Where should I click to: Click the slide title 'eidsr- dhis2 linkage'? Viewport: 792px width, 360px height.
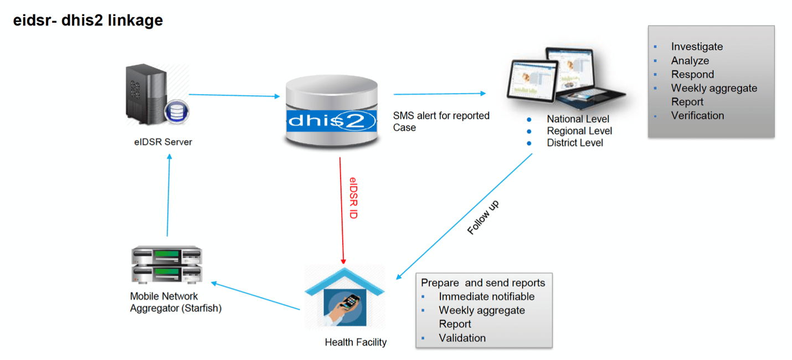coord(88,20)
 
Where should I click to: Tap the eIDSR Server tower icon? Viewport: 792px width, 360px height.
coord(156,95)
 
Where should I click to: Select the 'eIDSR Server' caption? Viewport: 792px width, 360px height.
coord(163,142)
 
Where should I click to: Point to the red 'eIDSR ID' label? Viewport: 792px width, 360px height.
coord(353,198)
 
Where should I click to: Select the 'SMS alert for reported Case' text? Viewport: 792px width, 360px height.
coord(441,121)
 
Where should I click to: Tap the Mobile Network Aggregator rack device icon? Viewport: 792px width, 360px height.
coord(167,265)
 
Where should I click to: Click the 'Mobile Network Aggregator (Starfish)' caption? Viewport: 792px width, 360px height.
coord(176,302)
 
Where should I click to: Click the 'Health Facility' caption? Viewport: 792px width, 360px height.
coord(356,342)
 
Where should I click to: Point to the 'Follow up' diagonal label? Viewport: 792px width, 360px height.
coord(483,218)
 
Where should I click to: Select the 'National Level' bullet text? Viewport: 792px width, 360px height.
coord(578,119)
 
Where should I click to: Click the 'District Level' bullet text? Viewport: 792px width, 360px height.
coord(575,143)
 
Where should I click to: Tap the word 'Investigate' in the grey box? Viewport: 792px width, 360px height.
coord(697,47)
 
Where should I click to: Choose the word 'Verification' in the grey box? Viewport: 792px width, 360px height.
coord(697,116)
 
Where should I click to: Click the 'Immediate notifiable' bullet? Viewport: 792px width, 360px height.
coord(486,297)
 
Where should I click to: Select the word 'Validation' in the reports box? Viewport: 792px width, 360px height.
coord(462,338)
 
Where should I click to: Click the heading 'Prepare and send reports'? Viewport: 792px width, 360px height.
coord(483,283)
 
